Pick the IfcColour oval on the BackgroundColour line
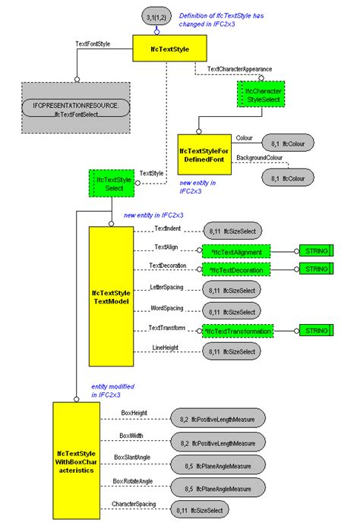287,178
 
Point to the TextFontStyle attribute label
93,44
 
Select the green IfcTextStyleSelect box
112,184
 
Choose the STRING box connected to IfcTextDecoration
314,270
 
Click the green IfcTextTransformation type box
238,331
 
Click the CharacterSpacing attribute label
134,503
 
